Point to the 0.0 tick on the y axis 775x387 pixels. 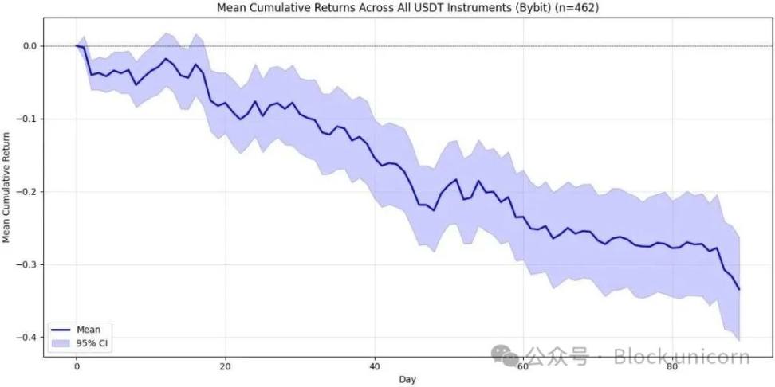click(x=30, y=46)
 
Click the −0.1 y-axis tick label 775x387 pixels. click(x=27, y=119)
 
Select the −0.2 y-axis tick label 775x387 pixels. click(x=27, y=192)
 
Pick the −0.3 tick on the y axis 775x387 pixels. click(x=27, y=264)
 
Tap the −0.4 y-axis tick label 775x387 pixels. click(x=27, y=338)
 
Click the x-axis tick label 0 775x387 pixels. click(x=77, y=365)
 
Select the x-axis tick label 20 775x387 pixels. click(x=226, y=365)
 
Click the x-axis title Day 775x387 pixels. click(x=407, y=379)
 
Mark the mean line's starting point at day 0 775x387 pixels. click(x=77, y=46)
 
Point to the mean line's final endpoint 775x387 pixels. click(x=740, y=290)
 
